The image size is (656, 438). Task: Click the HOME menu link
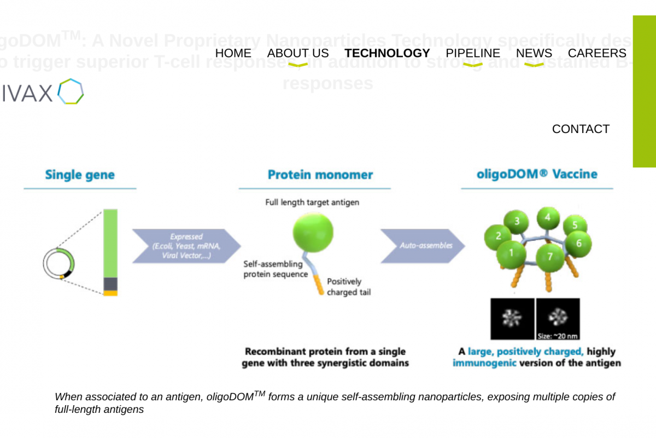point(233,53)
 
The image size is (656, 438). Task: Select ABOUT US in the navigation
point(298,53)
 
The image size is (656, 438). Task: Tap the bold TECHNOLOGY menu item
point(387,53)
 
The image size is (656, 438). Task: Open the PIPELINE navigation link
point(473,53)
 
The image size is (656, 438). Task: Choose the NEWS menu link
point(534,53)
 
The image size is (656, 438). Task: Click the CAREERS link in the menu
point(597,53)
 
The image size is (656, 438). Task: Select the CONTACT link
point(581,129)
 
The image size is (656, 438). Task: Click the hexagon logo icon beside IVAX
point(71,91)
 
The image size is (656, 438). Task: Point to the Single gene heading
point(80,175)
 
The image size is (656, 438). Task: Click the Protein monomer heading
point(320,175)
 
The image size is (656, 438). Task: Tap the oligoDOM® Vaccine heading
point(537,175)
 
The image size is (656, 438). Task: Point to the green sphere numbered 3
point(517,222)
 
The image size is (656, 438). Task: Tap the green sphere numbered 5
point(575,224)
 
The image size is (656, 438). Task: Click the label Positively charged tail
point(348,287)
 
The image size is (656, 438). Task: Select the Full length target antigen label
point(312,203)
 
